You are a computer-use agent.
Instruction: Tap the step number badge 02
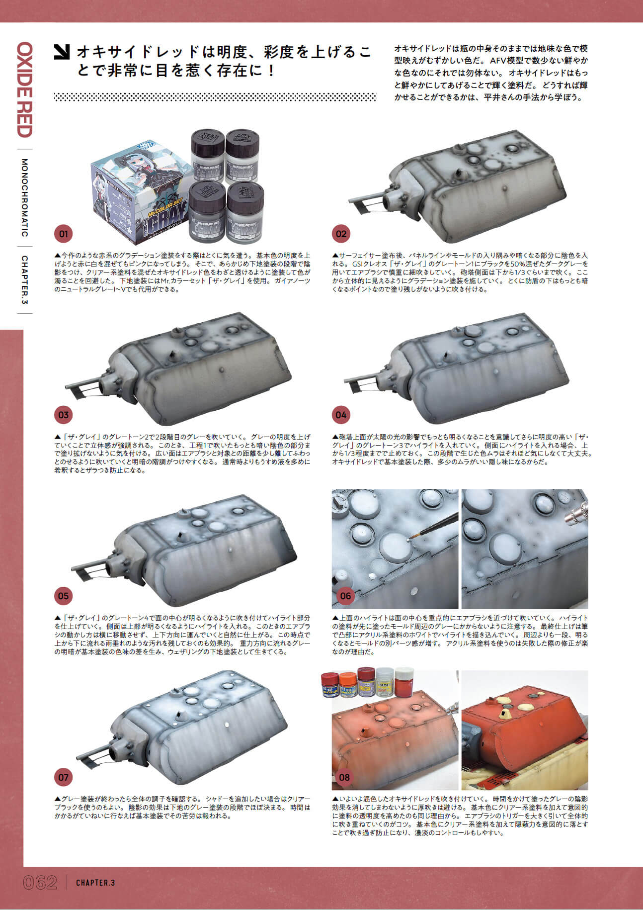coord(341,234)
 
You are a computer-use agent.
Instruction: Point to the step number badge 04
coord(341,415)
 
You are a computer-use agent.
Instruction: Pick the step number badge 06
coord(345,595)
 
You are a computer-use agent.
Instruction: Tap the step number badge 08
coord(344,777)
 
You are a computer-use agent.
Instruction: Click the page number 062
coord(40,883)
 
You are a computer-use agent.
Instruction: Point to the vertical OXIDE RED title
coord(24,90)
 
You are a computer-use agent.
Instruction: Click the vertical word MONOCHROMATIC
coord(24,198)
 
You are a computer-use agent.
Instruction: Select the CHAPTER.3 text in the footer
coord(95,883)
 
